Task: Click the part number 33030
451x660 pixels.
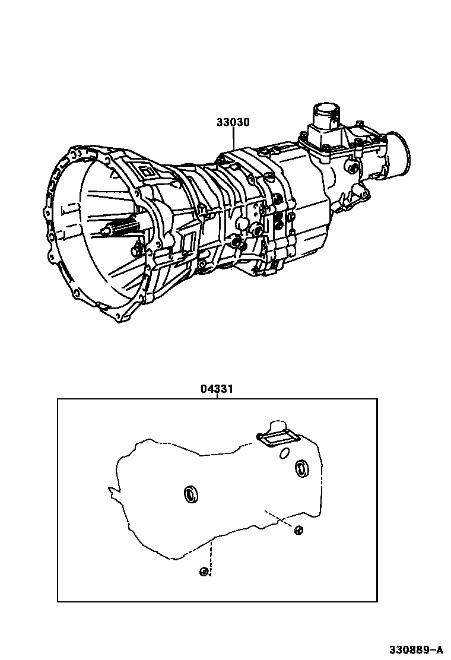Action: click(x=233, y=123)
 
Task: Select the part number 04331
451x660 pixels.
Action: click(x=216, y=389)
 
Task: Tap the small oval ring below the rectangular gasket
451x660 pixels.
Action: click(x=284, y=454)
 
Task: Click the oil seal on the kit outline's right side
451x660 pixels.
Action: click(x=302, y=468)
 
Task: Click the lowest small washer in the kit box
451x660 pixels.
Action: click(x=204, y=572)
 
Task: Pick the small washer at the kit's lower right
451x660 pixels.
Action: click(x=298, y=529)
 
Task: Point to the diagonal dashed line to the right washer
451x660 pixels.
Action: click(x=279, y=518)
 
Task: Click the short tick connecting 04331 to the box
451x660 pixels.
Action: click(x=217, y=396)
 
